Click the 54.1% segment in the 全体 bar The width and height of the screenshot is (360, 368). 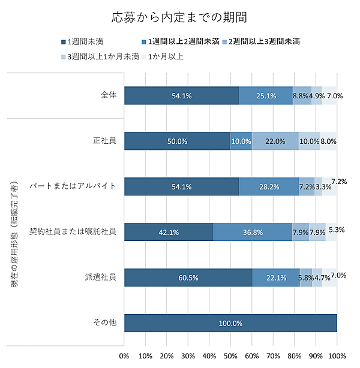[181, 95]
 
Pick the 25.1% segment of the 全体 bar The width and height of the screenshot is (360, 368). [266, 95]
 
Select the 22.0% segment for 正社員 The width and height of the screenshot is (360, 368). [275, 141]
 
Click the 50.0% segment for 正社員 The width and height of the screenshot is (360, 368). [177, 141]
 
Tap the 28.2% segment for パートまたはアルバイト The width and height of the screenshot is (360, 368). [269, 186]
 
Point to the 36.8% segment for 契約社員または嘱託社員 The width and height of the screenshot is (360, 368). [252, 232]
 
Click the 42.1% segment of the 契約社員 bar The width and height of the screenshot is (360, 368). [169, 232]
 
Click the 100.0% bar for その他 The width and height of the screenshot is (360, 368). [230, 323]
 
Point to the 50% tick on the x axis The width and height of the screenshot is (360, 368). [230, 355]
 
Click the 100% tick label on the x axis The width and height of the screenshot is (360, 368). [337, 355]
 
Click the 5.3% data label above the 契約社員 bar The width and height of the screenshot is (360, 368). [336, 229]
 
